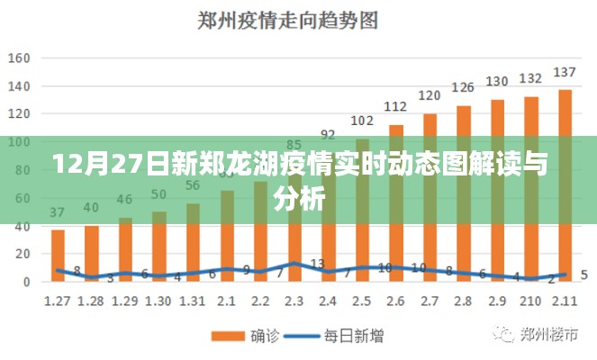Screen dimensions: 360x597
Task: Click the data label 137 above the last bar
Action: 565,72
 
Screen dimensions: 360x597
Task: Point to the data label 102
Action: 362,121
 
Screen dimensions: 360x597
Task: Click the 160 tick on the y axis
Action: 20,58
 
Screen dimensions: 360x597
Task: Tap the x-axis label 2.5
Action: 362,300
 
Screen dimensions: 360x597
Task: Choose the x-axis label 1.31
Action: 193,300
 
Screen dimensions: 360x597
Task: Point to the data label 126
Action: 463,87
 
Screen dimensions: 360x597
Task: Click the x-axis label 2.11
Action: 565,300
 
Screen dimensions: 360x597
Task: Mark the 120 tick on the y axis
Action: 20,114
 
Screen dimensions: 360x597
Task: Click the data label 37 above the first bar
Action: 58,213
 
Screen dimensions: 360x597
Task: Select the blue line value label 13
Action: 317,264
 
